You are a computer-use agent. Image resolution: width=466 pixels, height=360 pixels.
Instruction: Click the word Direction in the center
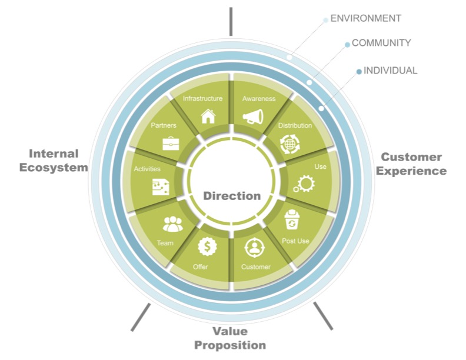point(232,196)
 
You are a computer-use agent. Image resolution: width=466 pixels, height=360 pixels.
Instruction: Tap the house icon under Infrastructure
point(208,116)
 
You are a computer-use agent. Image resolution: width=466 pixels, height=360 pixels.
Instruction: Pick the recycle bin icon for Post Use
point(292,221)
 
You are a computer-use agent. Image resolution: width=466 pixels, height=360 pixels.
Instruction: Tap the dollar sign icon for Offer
point(208,245)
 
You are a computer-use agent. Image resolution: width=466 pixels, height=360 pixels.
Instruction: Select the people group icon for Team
point(172,224)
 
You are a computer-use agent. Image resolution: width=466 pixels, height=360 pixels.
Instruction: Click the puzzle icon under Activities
point(161,186)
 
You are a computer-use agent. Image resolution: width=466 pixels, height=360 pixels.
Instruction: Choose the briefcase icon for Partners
point(171,143)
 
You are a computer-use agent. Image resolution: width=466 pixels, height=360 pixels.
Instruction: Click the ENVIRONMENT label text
point(366,18)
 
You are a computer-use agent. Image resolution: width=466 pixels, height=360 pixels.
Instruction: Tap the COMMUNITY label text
point(381,43)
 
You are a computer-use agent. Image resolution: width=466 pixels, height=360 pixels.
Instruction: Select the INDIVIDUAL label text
point(390,71)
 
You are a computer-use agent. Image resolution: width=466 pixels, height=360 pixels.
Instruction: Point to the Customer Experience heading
point(411,164)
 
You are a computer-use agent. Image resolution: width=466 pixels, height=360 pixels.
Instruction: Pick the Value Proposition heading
point(230,338)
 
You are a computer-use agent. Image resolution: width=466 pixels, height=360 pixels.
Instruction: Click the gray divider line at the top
point(231,21)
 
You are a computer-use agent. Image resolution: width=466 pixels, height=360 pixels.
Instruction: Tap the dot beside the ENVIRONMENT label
point(325,20)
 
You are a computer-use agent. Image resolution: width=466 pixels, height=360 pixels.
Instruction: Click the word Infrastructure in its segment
point(202,98)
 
